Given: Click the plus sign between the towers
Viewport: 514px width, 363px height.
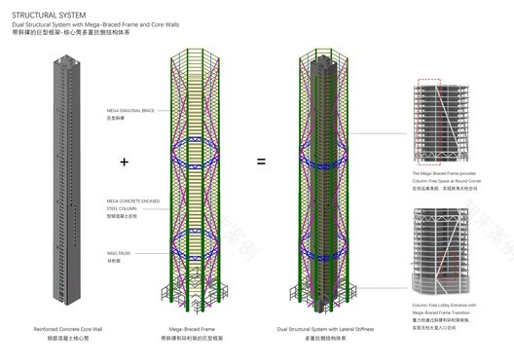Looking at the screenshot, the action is (x=124, y=161).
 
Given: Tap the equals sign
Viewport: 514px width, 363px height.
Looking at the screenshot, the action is (x=260, y=161).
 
